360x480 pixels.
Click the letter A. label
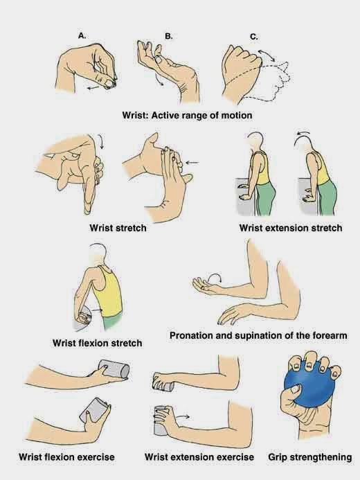[82, 36]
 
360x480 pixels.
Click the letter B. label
[168, 36]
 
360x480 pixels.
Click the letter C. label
[254, 37]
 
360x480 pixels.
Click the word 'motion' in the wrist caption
[237, 116]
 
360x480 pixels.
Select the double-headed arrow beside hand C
[267, 55]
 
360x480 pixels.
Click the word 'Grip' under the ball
[278, 457]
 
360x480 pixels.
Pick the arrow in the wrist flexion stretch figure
[97, 310]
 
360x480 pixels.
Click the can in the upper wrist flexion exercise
[114, 369]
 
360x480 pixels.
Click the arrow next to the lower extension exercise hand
[183, 416]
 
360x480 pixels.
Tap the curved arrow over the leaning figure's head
[303, 133]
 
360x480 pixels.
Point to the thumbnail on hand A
[109, 82]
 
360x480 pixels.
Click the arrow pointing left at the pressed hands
[192, 163]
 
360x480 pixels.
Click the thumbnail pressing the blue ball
[294, 389]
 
